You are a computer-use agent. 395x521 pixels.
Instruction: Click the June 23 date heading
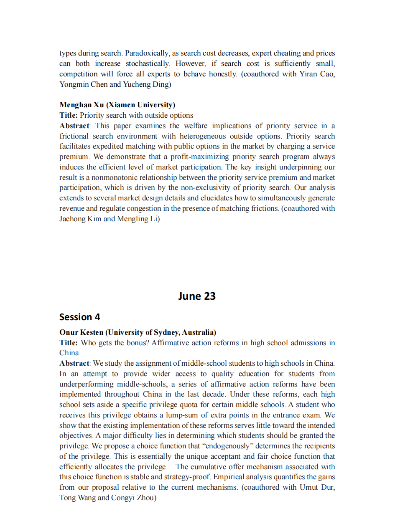196,296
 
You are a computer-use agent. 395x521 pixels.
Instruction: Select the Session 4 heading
79,317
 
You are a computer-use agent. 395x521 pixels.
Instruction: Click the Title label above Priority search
69,115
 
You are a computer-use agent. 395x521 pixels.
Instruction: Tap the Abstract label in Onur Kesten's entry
74,363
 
